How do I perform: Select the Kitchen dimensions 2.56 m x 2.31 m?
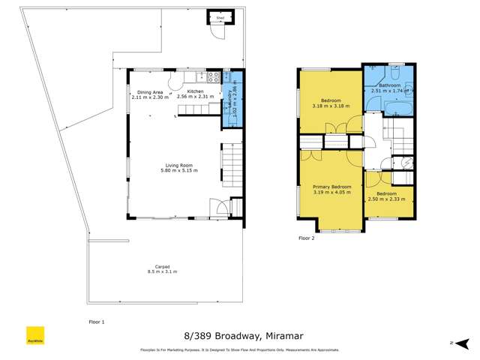[x=190, y=97]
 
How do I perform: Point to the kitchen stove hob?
[x=214, y=76]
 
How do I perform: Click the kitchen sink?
[x=200, y=76]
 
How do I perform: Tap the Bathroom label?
[x=390, y=85]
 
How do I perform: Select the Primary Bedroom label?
[x=331, y=186]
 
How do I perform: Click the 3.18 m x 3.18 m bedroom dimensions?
[x=331, y=105]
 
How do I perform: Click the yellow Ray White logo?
[x=34, y=333]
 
